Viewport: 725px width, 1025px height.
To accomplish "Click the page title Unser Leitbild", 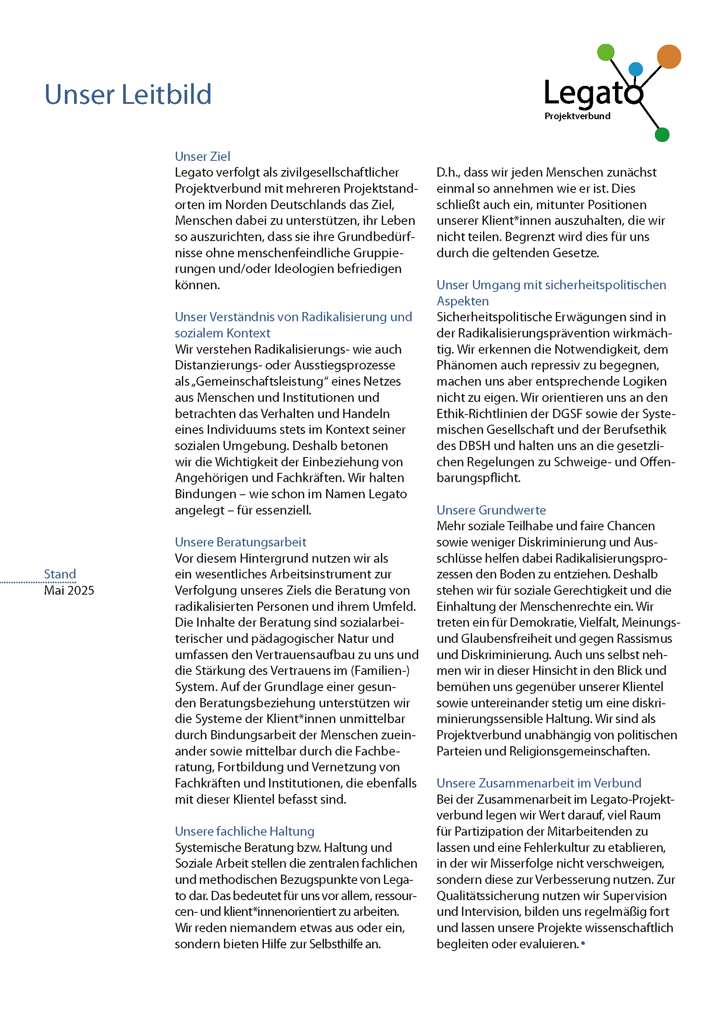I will point(128,95).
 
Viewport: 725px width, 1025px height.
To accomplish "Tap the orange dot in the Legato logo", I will point(668,57).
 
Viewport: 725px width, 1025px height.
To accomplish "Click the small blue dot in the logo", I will point(635,69).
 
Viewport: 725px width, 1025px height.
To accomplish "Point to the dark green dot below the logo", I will point(661,135).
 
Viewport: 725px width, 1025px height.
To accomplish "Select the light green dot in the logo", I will point(606,52).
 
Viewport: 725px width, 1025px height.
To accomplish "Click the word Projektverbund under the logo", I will point(577,116).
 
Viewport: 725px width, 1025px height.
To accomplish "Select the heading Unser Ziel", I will point(202,156).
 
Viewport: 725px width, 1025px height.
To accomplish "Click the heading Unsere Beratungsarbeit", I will point(240,542).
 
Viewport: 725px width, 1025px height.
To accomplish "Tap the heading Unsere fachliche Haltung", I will point(244,831).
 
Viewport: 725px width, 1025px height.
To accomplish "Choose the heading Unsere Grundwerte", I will point(491,510).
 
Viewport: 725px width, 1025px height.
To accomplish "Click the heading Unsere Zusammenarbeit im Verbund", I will point(538,783).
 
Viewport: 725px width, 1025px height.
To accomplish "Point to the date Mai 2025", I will point(69,590).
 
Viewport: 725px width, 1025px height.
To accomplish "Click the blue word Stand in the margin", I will point(60,574).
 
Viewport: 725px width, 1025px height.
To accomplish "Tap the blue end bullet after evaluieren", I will point(583,943).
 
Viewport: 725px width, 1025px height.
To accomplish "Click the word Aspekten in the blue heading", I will point(462,301).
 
